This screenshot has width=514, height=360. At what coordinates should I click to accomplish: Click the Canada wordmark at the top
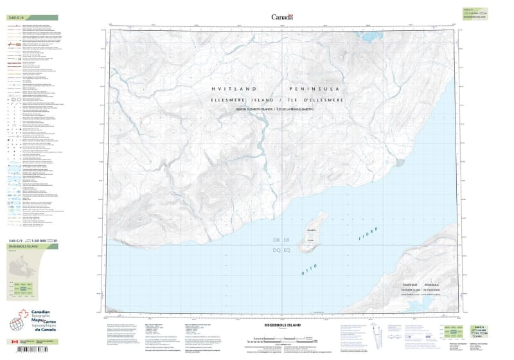(x=281, y=17)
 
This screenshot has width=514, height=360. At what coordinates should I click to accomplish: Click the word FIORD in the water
(x=368, y=235)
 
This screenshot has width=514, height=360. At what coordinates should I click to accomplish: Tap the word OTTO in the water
(x=310, y=271)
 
